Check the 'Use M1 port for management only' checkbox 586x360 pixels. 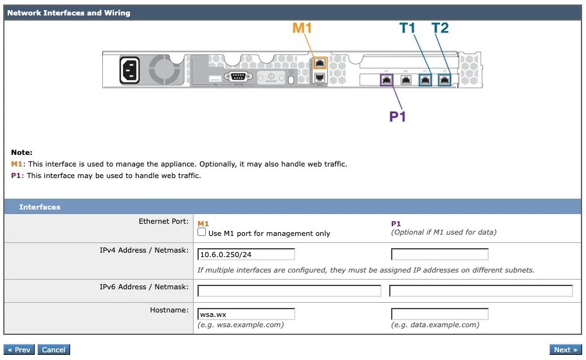click(202, 232)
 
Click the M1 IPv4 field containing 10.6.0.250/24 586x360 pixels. click(246, 254)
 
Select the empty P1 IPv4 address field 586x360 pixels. click(439, 254)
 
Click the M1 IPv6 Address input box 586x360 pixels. click(289, 291)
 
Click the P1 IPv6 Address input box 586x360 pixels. click(481, 291)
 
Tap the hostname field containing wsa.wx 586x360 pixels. click(246, 314)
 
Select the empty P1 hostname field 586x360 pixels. click(439, 314)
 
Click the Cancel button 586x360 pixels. click(53, 350)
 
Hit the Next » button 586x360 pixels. click(565, 350)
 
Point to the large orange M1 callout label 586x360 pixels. click(302, 28)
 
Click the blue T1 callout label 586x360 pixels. click(408, 28)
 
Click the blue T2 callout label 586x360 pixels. click(440, 28)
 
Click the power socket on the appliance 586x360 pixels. click(129, 70)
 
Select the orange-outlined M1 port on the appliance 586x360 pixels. click(320, 63)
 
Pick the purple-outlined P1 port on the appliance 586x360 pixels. click(387, 80)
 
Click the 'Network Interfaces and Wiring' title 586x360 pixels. click(69, 13)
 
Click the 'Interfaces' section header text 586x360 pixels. click(40, 207)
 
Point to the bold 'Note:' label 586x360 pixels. click(21, 152)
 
